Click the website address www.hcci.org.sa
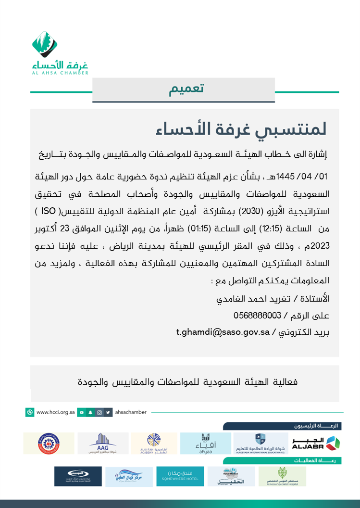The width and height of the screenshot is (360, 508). pyautogui.click(x=55, y=412)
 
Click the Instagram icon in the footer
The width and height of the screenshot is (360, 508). pyautogui.click(x=99, y=412)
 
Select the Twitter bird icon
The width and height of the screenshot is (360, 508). pyautogui.click(x=108, y=412)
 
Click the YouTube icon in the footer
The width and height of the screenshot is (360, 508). pyautogui.click(x=82, y=412)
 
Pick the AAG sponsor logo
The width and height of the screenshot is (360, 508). pyautogui.click(x=103, y=443)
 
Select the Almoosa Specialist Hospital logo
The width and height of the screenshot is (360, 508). pyautogui.click(x=282, y=476)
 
